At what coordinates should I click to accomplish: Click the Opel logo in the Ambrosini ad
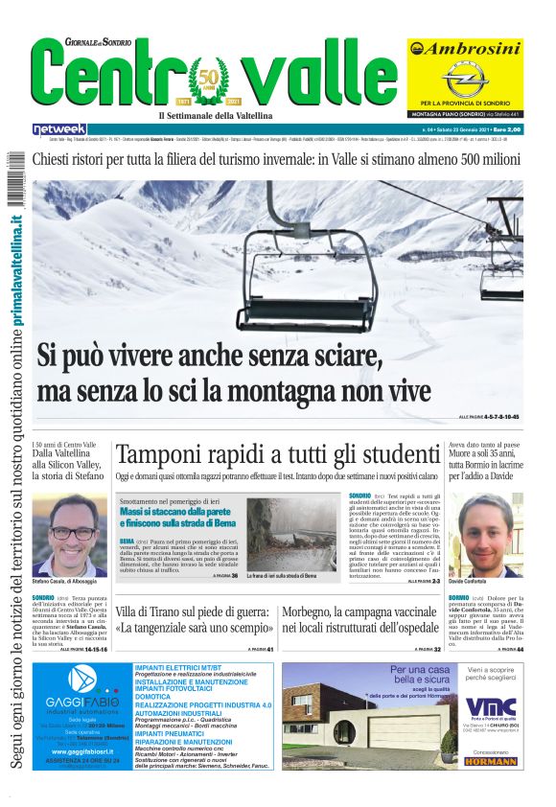[465, 76]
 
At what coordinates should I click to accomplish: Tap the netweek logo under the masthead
[59, 128]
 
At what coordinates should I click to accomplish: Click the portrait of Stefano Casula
[69, 534]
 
